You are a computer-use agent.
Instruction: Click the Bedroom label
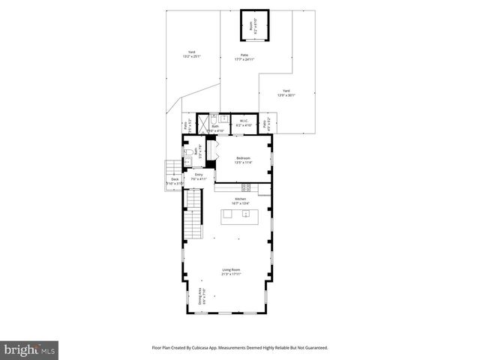[243, 160]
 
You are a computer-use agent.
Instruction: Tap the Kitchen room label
[240, 200]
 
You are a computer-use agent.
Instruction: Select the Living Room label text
[231, 271]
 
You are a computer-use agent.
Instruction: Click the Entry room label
[197, 176]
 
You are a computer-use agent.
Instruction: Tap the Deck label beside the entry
[174, 181]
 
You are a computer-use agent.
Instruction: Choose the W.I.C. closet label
[244, 122]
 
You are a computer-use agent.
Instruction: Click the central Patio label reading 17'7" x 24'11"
[244, 57]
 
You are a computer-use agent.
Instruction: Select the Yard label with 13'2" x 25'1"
[192, 53]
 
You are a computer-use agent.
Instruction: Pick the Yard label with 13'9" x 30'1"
[286, 93]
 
